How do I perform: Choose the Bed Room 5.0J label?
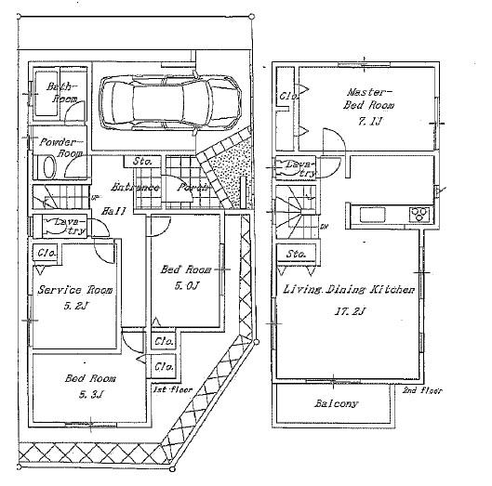(x=186, y=276)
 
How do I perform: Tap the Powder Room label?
(x=58, y=147)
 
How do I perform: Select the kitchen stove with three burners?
(x=419, y=215)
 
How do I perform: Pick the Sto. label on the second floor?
(x=296, y=253)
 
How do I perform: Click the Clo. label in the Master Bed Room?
(x=288, y=97)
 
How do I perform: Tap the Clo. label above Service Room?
(x=45, y=252)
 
